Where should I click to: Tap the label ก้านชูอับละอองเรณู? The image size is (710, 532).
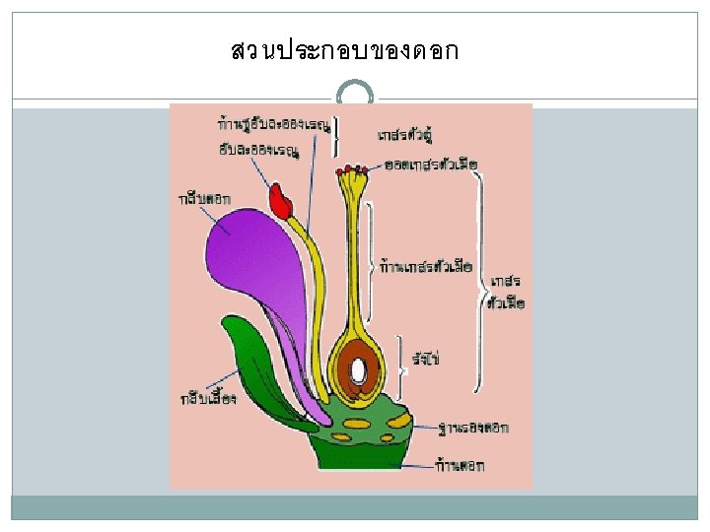[274, 125]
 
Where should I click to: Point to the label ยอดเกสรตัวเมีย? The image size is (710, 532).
[431, 162]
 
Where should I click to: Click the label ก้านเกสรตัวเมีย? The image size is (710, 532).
[427, 266]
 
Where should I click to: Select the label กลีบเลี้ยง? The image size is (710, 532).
[208, 398]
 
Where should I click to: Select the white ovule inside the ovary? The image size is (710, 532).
[358, 370]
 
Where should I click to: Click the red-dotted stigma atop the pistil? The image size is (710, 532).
[352, 173]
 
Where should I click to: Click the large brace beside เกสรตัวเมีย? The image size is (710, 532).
[481, 281]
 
